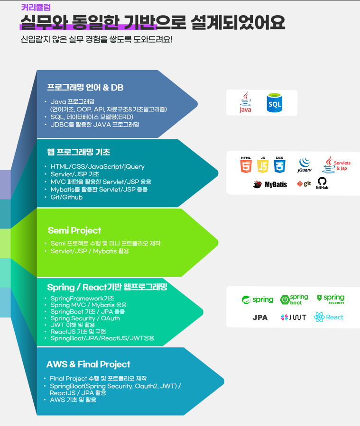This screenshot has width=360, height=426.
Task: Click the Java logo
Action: [x=246, y=102]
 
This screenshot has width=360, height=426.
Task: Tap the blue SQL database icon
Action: [x=274, y=103]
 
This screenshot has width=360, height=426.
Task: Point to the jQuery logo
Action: [x=305, y=165]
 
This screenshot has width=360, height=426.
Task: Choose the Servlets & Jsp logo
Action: [x=336, y=164]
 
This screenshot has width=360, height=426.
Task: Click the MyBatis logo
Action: [x=270, y=184]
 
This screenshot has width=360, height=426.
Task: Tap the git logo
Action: [x=304, y=184]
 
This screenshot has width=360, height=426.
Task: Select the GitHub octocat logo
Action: [x=322, y=183]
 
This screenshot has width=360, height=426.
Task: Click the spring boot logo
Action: [x=294, y=299]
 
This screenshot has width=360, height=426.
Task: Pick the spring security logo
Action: [x=331, y=299]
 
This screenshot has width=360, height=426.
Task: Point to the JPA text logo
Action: [x=260, y=317]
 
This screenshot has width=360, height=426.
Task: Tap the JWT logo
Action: [x=294, y=317]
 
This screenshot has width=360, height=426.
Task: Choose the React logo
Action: [x=329, y=317]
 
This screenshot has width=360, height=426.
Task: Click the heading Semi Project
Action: [x=74, y=230]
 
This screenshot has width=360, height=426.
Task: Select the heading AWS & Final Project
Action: [x=88, y=364]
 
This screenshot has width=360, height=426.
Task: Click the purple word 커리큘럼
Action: [x=36, y=7]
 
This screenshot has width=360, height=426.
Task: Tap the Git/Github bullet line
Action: [x=66, y=197]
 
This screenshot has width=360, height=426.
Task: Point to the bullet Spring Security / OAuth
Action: [x=85, y=318]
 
